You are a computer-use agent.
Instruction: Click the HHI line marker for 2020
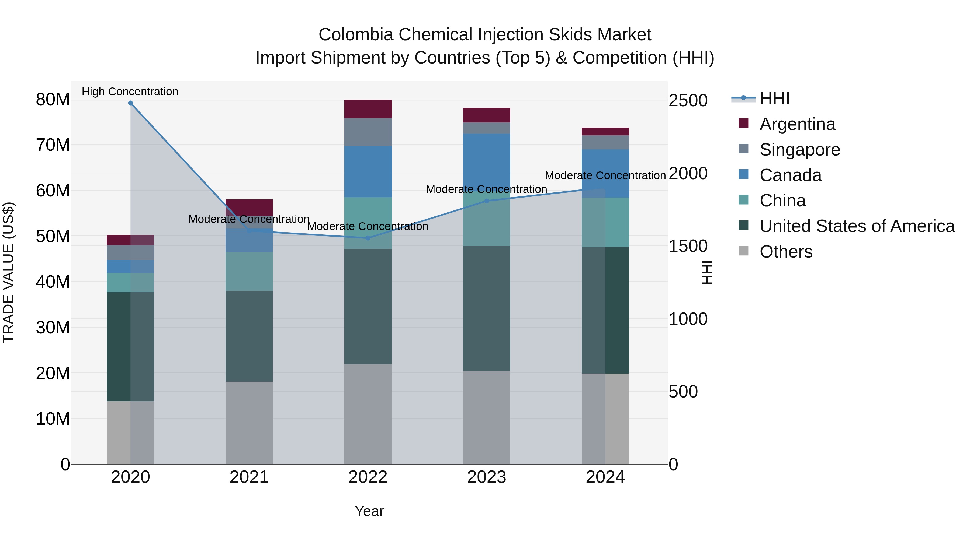(130, 103)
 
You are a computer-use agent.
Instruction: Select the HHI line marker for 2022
(368, 238)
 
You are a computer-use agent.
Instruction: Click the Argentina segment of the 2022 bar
(368, 109)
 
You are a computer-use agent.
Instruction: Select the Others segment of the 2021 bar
(249, 423)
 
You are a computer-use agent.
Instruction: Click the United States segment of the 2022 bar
(368, 306)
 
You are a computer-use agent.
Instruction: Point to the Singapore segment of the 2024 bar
(605, 143)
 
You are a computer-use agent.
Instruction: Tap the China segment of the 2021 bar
(249, 271)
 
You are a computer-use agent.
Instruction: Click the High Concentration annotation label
(130, 92)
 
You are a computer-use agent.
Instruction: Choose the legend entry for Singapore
(799, 150)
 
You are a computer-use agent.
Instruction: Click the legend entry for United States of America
(857, 226)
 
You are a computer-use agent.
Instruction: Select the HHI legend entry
(774, 99)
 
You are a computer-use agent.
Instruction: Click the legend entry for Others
(786, 252)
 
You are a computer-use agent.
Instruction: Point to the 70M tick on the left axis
(53, 145)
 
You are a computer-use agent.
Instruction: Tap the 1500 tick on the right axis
(688, 246)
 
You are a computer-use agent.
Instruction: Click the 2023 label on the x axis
(487, 477)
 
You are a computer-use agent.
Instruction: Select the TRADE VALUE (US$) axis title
(8, 272)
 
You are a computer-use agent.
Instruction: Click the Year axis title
(369, 511)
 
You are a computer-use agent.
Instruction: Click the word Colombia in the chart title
(356, 35)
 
